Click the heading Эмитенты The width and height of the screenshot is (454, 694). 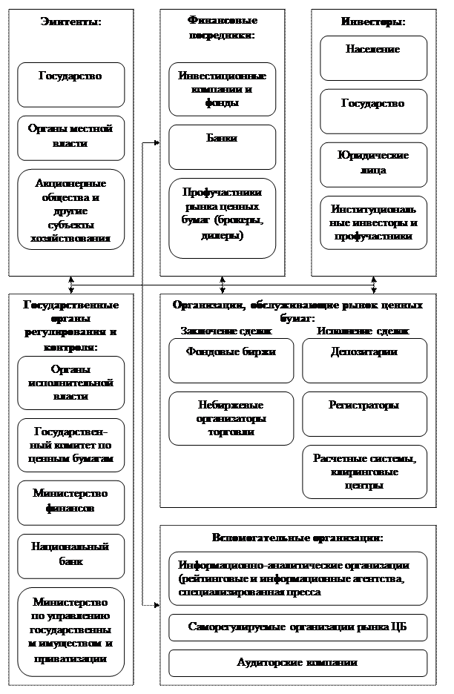click(x=70, y=22)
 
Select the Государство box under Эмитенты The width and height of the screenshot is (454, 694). click(x=70, y=84)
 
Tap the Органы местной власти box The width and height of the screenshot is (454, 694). click(x=70, y=137)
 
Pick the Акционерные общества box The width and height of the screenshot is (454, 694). click(x=70, y=210)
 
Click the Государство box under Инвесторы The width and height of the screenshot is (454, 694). click(x=373, y=111)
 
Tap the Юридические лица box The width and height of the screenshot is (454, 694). click(x=373, y=164)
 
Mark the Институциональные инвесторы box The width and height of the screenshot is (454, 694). click(x=373, y=222)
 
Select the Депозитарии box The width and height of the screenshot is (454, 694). click(x=364, y=360)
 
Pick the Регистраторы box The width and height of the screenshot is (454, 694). click(x=364, y=414)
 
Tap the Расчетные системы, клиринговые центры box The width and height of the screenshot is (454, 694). click(x=364, y=472)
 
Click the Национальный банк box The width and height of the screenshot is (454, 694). click(x=70, y=555)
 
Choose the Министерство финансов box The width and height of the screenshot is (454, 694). click(x=70, y=502)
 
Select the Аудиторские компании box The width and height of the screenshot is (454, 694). click(x=297, y=663)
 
